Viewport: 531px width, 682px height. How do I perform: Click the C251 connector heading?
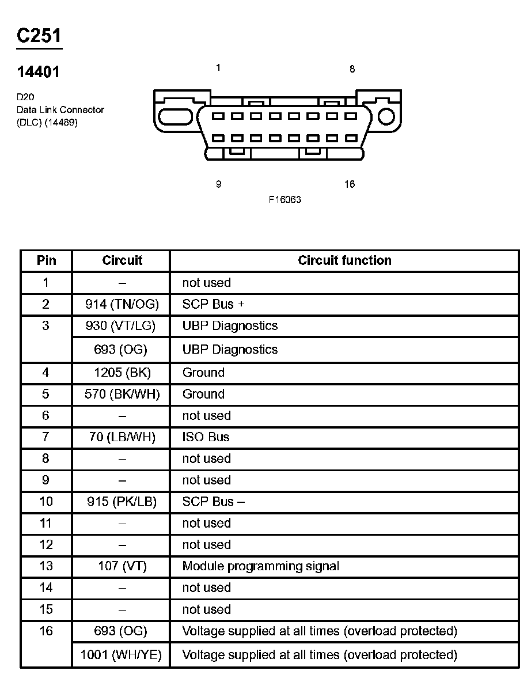point(39,36)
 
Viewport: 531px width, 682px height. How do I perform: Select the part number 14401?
point(38,72)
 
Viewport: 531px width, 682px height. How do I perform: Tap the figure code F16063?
point(285,199)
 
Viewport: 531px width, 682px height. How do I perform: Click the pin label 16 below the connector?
point(350,184)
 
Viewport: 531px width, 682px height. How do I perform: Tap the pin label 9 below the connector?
point(218,184)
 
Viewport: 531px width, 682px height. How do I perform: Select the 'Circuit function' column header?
point(344,260)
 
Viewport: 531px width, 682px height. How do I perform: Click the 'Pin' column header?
point(46,260)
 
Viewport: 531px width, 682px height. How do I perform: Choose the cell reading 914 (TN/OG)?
point(122,304)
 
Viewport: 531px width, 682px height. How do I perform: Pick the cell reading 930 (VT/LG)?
point(121,326)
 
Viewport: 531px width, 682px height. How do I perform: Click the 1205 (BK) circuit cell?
point(122,373)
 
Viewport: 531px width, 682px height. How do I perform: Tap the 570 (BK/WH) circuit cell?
point(122,394)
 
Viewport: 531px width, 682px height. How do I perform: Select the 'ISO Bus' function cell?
point(206,437)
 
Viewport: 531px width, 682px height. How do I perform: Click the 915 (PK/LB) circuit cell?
point(122,502)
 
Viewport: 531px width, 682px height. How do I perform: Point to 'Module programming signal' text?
point(260,566)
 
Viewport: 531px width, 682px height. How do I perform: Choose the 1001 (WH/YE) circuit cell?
point(121,655)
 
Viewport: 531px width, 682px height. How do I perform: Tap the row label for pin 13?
point(46,566)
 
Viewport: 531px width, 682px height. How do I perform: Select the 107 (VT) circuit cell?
point(122,566)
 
